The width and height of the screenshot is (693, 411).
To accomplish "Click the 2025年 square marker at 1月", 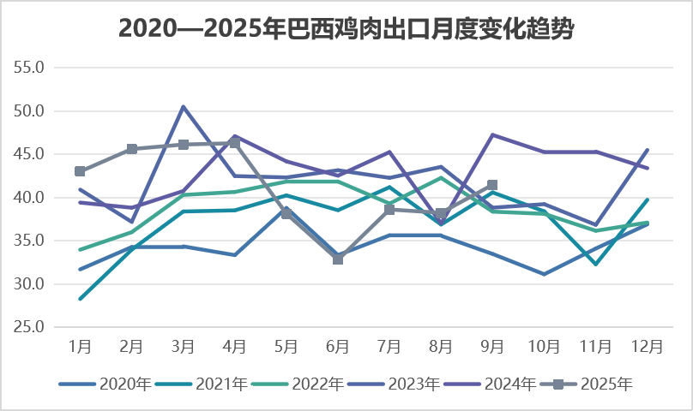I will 80,171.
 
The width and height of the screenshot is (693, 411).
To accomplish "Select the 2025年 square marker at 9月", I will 492,185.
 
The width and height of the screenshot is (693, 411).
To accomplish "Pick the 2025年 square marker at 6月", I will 338,259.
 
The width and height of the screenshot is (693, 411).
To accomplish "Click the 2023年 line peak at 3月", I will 183,107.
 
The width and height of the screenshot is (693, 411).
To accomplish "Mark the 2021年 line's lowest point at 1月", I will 80,299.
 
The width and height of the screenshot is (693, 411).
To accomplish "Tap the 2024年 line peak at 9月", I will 492,134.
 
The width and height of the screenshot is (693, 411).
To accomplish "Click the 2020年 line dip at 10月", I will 544,274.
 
